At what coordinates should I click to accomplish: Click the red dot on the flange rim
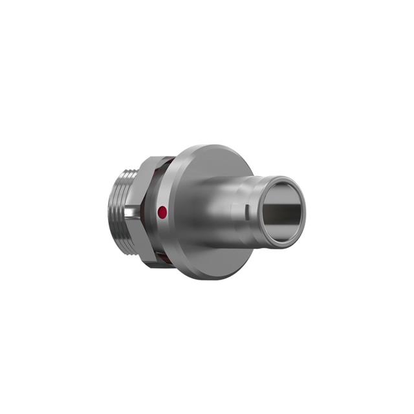point(162,212)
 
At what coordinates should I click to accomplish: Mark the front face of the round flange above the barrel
point(207,162)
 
